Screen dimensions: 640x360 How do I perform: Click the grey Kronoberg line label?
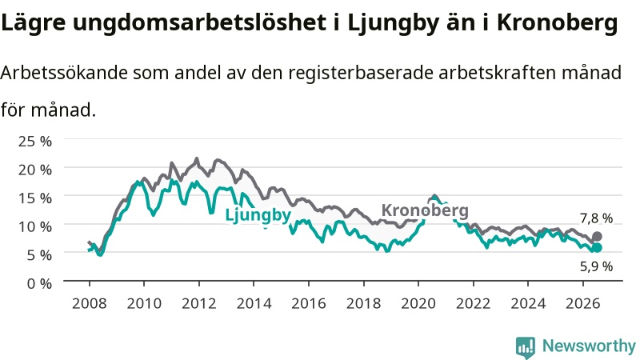pos(425,210)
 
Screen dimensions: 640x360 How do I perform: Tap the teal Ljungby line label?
pos(258,215)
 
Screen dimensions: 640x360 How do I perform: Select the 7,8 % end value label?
pos(596,218)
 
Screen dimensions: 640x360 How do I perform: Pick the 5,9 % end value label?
pos(596,266)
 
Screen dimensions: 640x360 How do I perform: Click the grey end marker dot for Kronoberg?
pos(597,236)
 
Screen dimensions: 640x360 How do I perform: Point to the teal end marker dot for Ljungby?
pos(597,247)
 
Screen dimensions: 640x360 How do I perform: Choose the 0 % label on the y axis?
pos(39,283)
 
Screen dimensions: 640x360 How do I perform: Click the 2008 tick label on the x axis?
pos(90,303)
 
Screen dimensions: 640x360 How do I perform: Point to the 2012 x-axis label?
pos(198,303)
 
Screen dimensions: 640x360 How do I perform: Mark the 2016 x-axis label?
pos(309,303)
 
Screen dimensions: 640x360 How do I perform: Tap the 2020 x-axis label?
pos(418,303)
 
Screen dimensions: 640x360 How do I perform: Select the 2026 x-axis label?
pos(583,303)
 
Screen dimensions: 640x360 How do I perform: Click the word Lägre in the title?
pos(33,23)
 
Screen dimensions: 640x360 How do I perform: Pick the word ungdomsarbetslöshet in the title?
pos(199,23)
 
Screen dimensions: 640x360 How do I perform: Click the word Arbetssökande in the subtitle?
pos(64,73)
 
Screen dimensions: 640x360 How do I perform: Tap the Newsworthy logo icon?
pos(526,347)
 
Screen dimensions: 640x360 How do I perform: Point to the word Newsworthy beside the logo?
pos(589,346)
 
